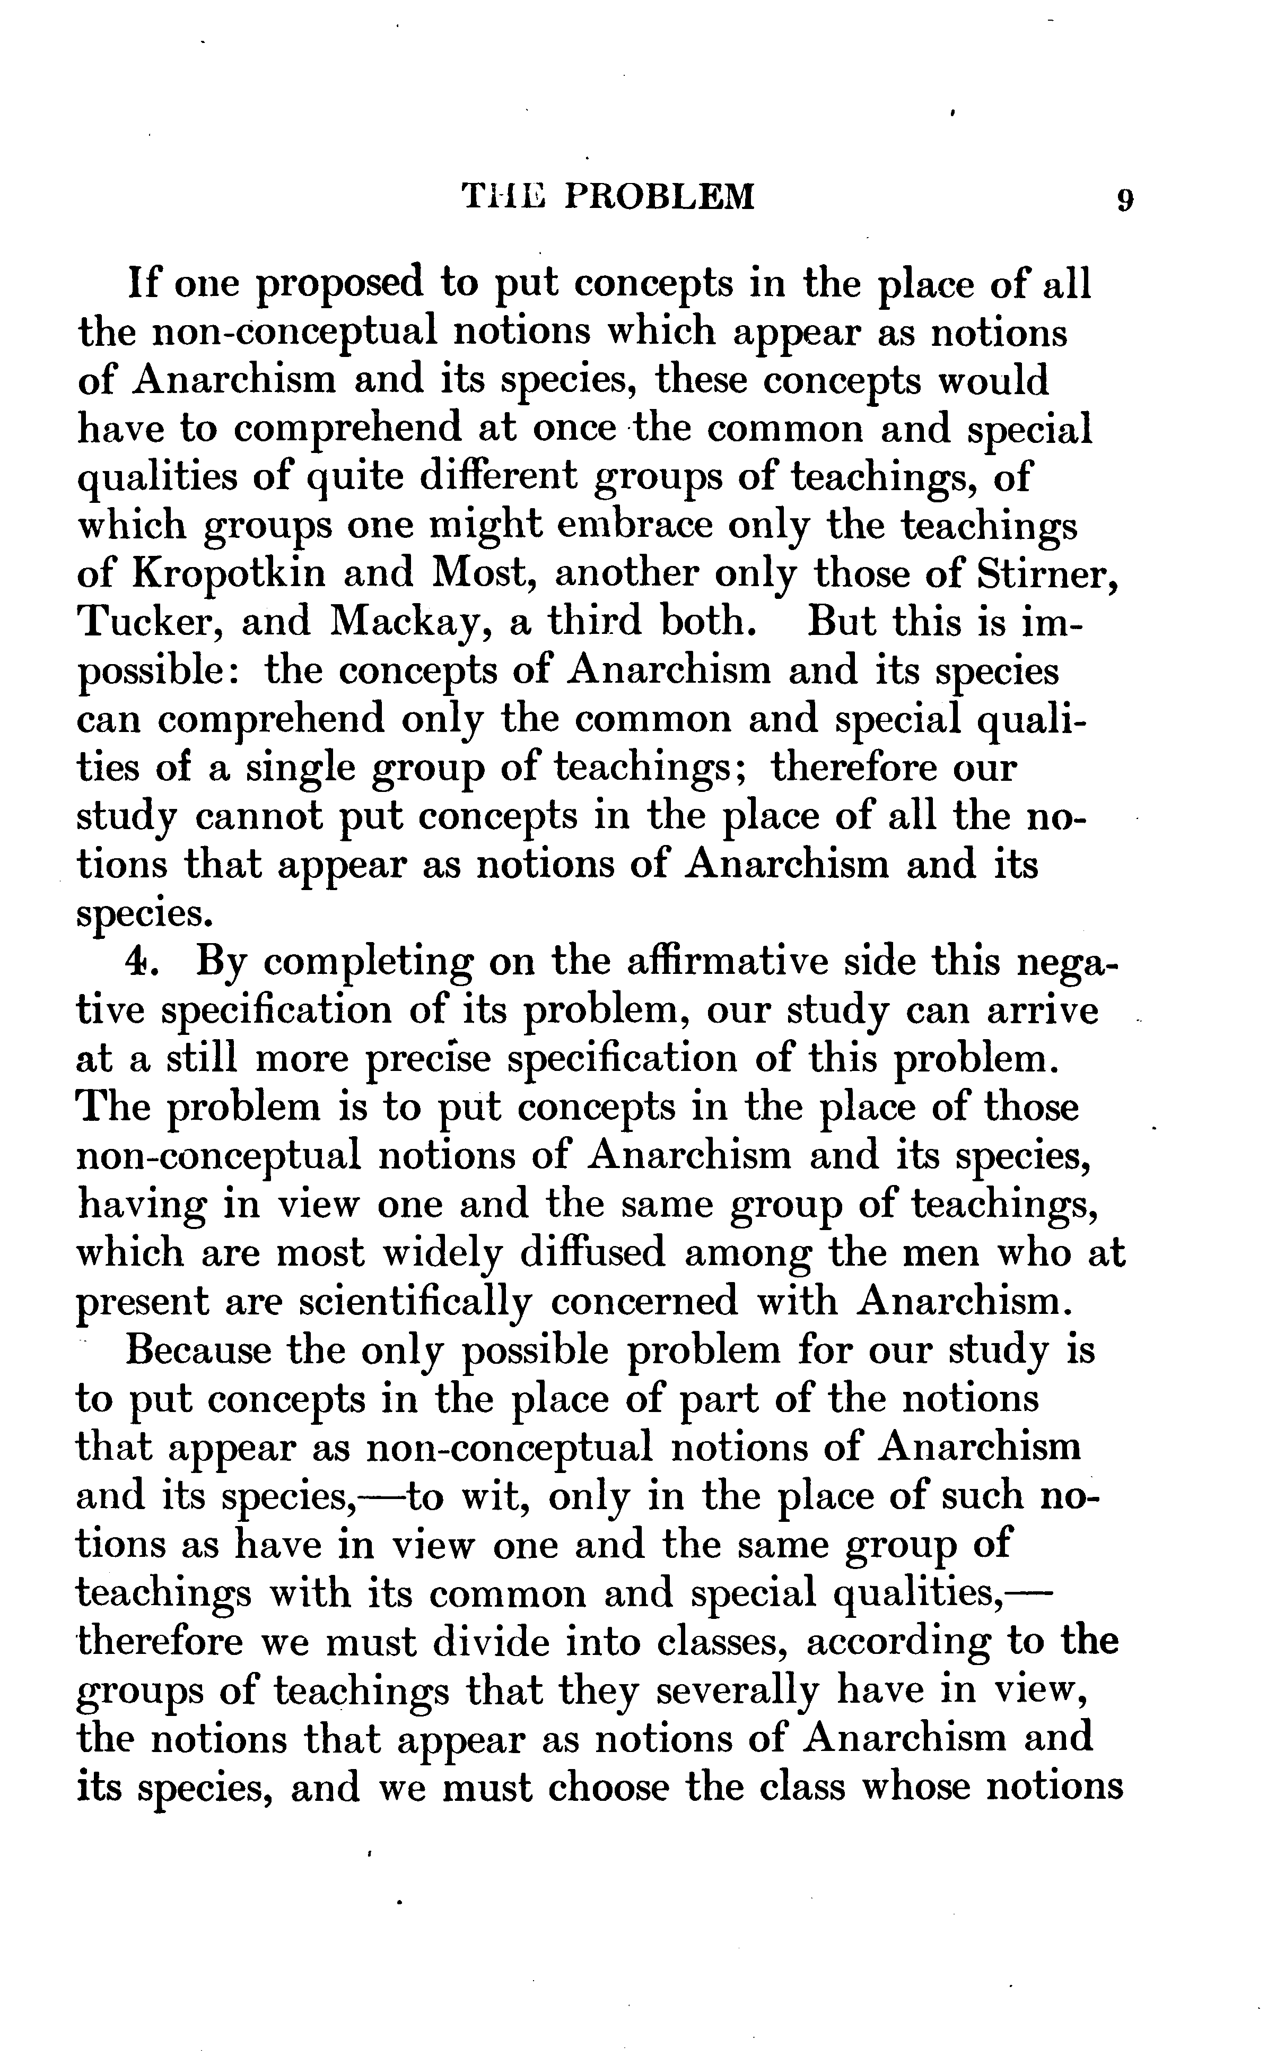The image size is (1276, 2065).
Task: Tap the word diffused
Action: click(591, 1252)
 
